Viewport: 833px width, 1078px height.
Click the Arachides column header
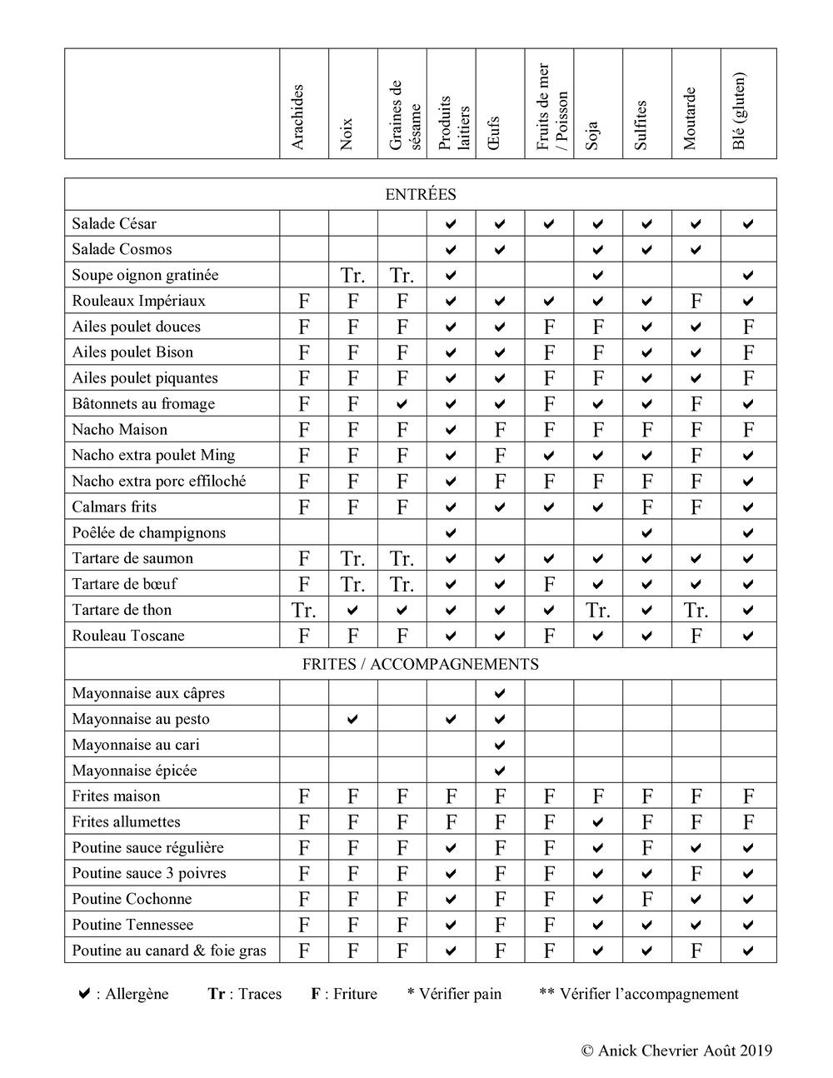pyautogui.click(x=298, y=117)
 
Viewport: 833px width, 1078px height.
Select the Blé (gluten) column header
pyautogui.click(x=740, y=111)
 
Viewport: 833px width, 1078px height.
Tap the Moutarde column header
pyautogui.click(x=690, y=118)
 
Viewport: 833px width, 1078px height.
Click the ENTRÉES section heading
pyautogui.click(x=421, y=194)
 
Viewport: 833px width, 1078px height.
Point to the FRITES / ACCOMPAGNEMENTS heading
pyautogui.click(x=421, y=664)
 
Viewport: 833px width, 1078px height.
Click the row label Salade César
pyautogui.click(x=114, y=223)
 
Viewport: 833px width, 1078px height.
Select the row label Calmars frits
pyautogui.click(x=114, y=507)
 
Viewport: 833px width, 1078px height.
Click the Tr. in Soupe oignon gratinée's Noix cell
pyautogui.click(x=353, y=276)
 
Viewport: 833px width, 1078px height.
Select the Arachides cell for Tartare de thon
pyautogui.click(x=304, y=611)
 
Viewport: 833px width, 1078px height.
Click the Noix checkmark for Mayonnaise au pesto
pyautogui.click(x=353, y=719)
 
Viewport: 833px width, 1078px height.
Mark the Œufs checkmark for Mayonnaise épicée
pyautogui.click(x=500, y=771)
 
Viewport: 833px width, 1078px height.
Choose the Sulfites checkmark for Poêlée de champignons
pyautogui.click(x=647, y=532)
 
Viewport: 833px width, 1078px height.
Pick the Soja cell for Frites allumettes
pyautogui.click(x=598, y=822)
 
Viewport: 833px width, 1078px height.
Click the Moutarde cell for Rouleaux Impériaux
pyautogui.click(x=696, y=301)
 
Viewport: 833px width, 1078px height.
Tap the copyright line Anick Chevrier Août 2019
pyautogui.click(x=676, y=1050)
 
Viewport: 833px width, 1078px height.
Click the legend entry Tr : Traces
pyautogui.click(x=245, y=994)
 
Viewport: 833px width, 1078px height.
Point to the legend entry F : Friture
pyautogui.click(x=344, y=994)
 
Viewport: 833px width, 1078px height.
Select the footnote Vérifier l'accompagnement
pyautogui.click(x=638, y=994)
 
